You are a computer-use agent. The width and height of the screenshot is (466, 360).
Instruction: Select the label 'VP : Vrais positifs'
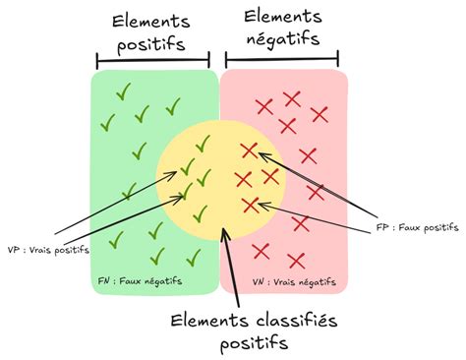click(48, 250)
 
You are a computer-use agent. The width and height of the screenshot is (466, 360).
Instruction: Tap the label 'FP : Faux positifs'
click(417, 227)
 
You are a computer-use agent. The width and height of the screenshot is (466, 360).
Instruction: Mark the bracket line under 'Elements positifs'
click(153, 59)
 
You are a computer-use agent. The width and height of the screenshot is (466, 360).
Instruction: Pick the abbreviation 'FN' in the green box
click(105, 281)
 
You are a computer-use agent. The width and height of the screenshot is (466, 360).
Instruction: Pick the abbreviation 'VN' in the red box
click(259, 281)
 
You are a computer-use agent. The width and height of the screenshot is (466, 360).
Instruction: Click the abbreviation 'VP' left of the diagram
click(15, 250)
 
